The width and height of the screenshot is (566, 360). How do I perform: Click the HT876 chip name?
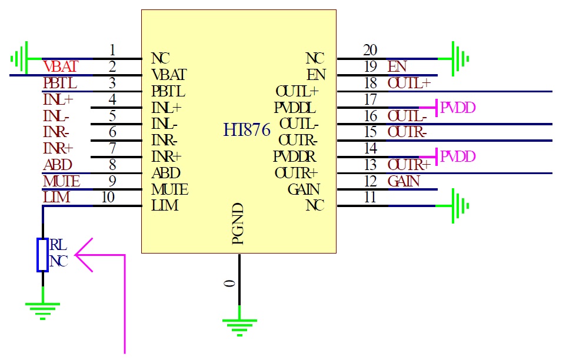[247, 130]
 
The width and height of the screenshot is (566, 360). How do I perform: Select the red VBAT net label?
[60, 68]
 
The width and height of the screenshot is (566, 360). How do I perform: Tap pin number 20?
[370, 50]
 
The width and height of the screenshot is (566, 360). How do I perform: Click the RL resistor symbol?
[42, 255]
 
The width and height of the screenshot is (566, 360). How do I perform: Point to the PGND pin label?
[237, 224]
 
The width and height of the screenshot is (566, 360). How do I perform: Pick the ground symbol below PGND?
[239, 323]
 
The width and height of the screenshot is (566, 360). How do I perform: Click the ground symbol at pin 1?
[20, 58]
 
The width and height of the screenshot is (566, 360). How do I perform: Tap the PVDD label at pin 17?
[458, 108]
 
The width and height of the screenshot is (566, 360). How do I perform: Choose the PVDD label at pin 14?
[458, 157]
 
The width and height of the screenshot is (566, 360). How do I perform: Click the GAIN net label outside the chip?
[404, 181]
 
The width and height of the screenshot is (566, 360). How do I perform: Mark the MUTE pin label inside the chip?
[169, 190]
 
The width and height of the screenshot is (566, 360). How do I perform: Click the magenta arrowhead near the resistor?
[84, 255]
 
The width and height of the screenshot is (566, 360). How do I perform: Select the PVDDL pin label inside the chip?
[295, 108]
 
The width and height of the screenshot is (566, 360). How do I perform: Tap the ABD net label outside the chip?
[58, 165]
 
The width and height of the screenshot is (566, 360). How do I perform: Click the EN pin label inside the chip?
[317, 75]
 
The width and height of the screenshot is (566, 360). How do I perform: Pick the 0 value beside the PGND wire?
[230, 284]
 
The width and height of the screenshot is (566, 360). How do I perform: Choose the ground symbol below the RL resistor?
[42, 307]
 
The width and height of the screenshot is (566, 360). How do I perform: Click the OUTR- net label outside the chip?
[407, 132]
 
